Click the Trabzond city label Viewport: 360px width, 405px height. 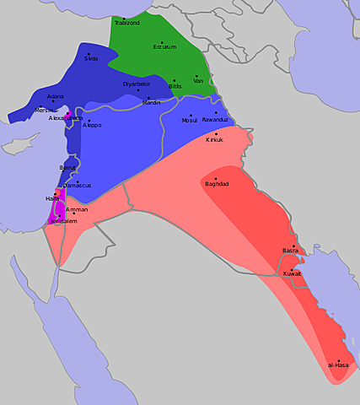click(x=126, y=24)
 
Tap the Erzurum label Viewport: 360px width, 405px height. click(x=164, y=47)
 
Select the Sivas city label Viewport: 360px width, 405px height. click(x=91, y=59)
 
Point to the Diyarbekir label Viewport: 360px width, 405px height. click(x=137, y=84)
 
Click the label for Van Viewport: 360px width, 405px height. click(x=198, y=80)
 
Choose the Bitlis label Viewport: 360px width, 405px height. click(x=175, y=86)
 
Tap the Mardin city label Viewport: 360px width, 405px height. click(x=151, y=103)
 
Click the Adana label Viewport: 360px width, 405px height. click(x=56, y=97)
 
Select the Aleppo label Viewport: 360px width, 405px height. click(x=92, y=125)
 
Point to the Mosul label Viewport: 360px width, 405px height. click(x=190, y=120)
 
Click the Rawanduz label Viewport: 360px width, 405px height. click(x=216, y=120)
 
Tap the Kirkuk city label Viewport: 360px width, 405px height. click(x=215, y=139)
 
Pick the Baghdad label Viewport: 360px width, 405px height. click(x=216, y=184)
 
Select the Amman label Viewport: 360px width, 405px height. click(x=77, y=208)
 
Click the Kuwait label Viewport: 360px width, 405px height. click(x=293, y=273)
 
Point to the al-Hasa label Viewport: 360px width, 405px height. click(x=338, y=366)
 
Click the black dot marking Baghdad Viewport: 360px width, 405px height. click(x=214, y=178)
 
